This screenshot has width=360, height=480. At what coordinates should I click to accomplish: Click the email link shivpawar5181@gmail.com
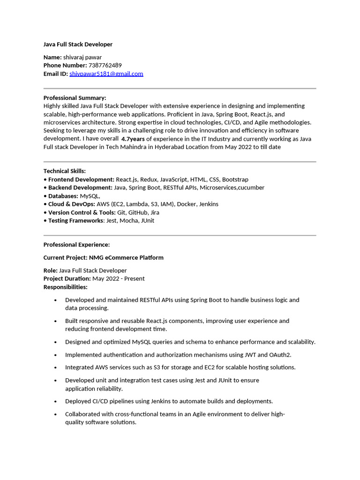click(106, 74)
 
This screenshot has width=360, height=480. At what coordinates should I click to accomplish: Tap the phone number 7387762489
click(105, 66)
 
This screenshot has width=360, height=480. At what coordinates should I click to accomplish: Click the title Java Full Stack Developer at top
click(78, 45)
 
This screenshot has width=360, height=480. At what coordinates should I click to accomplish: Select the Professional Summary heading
click(75, 98)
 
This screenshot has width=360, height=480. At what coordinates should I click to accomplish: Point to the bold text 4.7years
click(133, 139)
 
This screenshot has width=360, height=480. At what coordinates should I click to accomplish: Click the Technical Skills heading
click(65, 171)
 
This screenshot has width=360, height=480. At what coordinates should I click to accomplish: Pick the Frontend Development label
click(81, 180)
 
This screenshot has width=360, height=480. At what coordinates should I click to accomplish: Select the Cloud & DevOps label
click(71, 204)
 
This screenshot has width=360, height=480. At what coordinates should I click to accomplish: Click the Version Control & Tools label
click(82, 212)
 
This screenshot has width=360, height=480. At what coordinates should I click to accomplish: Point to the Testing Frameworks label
click(75, 221)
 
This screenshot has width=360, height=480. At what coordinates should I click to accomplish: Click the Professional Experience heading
click(76, 245)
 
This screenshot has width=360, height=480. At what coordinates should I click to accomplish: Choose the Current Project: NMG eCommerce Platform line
click(104, 258)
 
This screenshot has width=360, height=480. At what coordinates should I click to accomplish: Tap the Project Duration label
click(67, 279)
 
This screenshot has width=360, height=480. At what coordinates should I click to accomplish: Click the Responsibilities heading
click(66, 287)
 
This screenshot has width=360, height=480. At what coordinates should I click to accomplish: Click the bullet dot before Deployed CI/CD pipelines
click(56, 402)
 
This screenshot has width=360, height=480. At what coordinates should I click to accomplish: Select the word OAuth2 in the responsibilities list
click(279, 355)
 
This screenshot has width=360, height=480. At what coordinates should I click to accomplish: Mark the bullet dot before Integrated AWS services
click(56, 368)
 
